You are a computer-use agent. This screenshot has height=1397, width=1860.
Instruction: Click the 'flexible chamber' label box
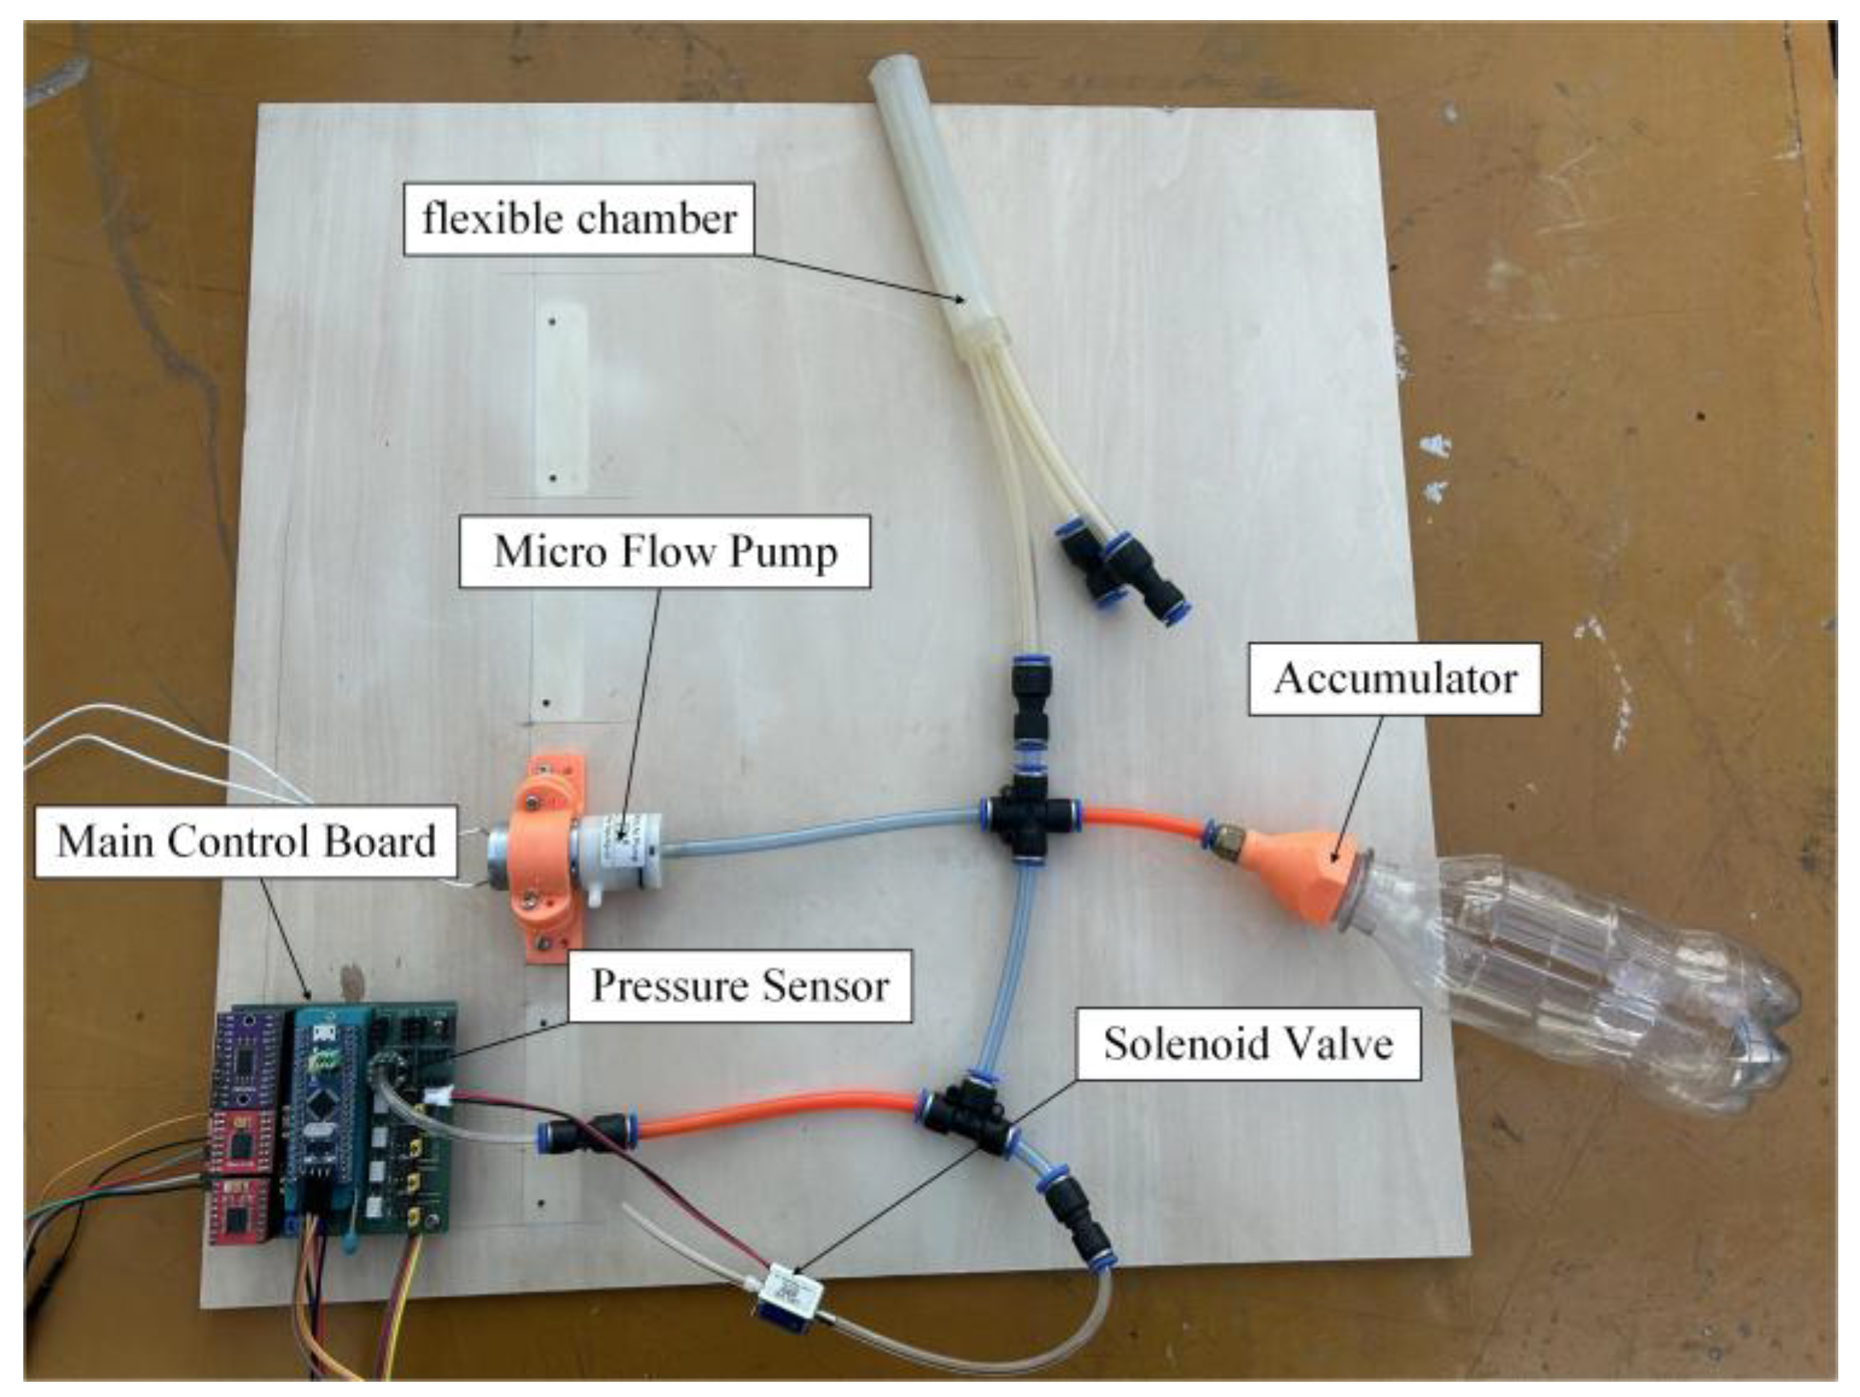578,220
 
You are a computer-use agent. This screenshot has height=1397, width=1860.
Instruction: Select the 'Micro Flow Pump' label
664,552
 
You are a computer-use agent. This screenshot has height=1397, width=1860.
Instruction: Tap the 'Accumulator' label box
1394,679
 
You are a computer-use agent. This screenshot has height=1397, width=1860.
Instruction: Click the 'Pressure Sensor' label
739,986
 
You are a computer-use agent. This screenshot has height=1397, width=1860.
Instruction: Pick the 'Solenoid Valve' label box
1248,1044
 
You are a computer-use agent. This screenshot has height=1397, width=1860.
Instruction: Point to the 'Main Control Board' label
246,841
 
